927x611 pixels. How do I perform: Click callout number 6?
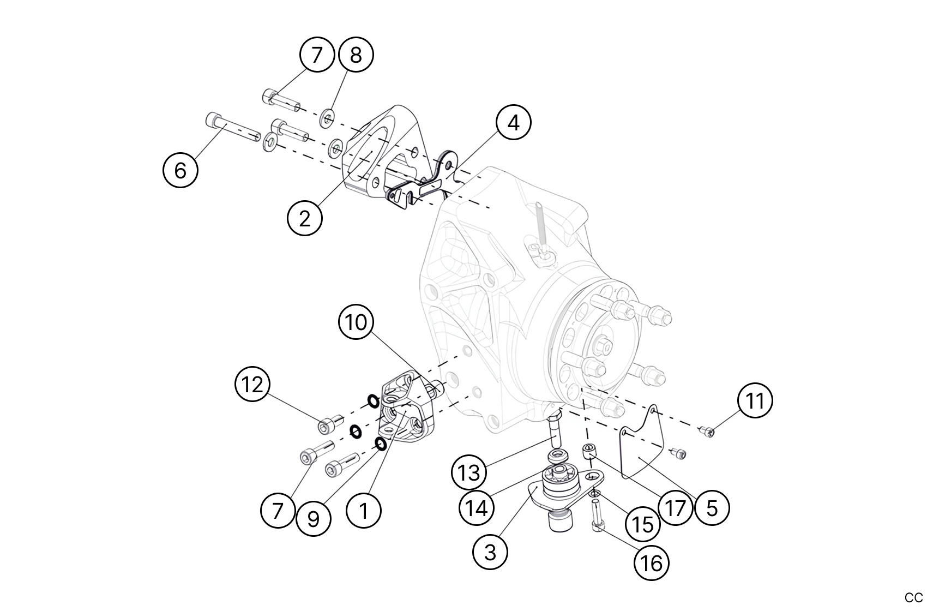(180, 170)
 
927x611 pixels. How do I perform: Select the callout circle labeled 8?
(356, 55)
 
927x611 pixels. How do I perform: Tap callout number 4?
(513, 123)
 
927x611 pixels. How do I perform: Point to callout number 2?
(305, 218)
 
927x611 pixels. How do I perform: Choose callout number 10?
(356, 322)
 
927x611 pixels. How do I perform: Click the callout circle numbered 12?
(252, 385)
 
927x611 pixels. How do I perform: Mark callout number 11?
(755, 401)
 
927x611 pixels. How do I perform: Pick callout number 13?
(468, 472)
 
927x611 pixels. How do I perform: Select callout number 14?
(476, 508)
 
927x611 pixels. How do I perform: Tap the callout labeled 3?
(490, 552)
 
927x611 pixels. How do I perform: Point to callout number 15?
(643, 524)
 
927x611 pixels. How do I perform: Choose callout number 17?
(675, 508)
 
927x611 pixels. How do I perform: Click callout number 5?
(712, 508)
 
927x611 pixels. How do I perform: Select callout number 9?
(314, 519)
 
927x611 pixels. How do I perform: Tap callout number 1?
(364, 511)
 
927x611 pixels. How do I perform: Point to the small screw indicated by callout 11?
(707, 433)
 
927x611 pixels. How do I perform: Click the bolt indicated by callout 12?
(329, 423)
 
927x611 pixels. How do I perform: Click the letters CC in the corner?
(913, 597)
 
